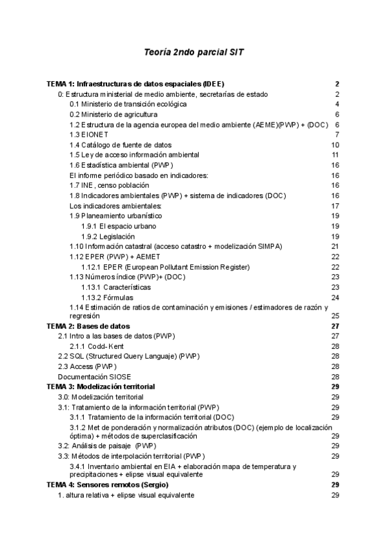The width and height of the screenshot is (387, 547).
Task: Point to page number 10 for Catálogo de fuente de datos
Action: pyautogui.click(x=335, y=144)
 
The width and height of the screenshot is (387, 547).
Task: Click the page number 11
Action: pyautogui.click(x=335, y=155)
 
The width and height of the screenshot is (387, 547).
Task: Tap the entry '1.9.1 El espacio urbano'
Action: pyautogui.click(x=118, y=226)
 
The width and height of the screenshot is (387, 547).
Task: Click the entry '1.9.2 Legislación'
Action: pyautogui.click(x=108, y=236)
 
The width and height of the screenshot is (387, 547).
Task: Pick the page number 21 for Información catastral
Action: pyautogui.click(x=335, y=246)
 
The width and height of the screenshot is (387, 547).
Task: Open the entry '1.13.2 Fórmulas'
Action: pyautogui.click(x=107, y=297)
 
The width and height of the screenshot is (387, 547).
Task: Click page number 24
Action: pyautogui.click(x=335, y=297)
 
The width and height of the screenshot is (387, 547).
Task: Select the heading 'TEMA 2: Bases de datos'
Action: pyautogui.click(x=88, y=326)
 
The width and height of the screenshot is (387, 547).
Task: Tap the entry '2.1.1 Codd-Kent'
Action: pyautogui.click(x=107, y=346)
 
